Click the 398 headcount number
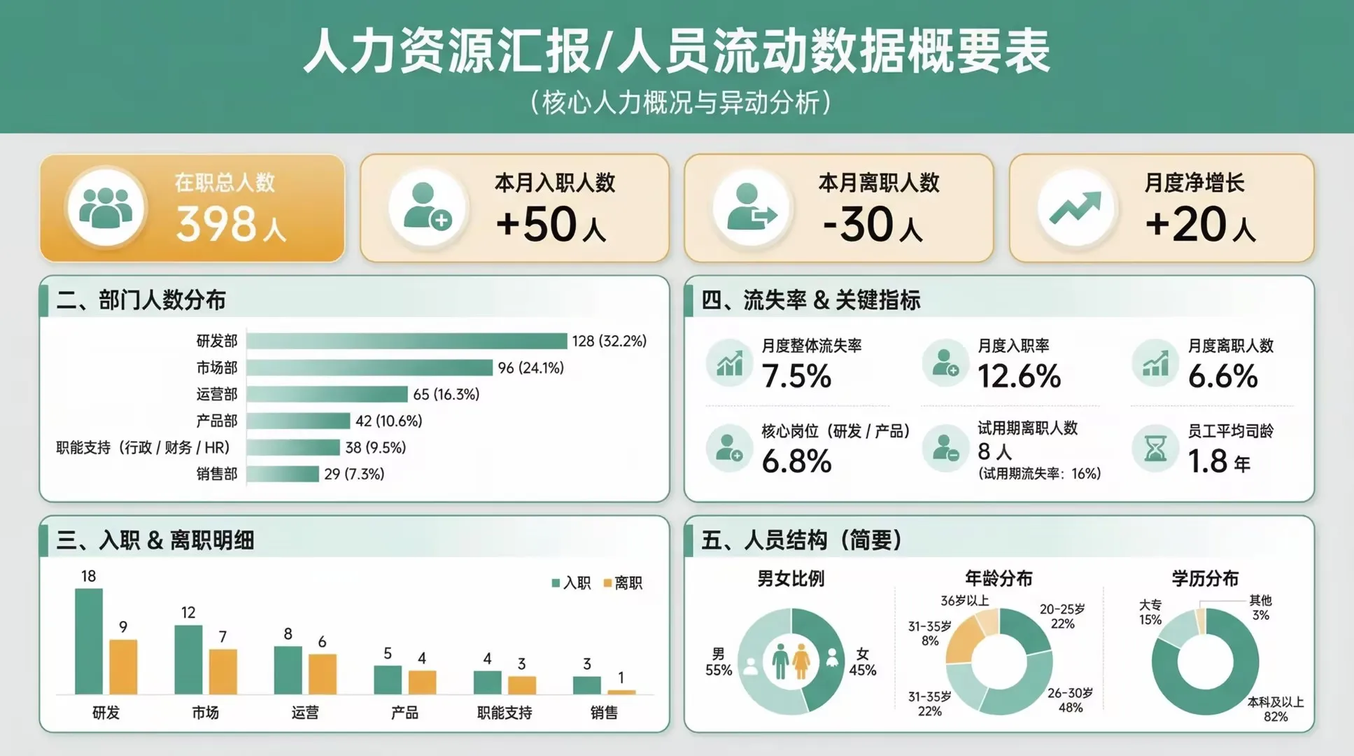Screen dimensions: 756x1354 coord(216,224)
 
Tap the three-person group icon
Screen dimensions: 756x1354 coord(106,208)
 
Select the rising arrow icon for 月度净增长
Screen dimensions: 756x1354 coord(1075,208)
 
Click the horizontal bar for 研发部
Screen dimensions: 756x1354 coord(407,341)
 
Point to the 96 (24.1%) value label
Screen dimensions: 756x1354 coord(530,367)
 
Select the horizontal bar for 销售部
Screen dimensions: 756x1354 coord(283,474)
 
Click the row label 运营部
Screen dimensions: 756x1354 coord(217,394)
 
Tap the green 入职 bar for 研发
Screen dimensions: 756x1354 coord(89,641)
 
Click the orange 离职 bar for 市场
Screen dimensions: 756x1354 coord(223,671)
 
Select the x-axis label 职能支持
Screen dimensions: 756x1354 coord(505,713)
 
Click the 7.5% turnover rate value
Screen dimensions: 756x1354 coord(796,377)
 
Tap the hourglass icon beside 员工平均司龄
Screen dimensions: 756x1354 coord(1155,448)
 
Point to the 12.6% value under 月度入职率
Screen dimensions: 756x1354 coord(1019,377)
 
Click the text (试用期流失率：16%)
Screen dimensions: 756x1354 coord(1039,474)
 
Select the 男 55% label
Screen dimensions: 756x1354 coord(719,662)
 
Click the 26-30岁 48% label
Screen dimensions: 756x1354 coord(1070,700)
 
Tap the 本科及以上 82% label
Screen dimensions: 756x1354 coord(1275,708)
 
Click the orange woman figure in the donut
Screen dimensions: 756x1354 coord(801,661)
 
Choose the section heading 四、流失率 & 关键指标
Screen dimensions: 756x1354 coord(811,300)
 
